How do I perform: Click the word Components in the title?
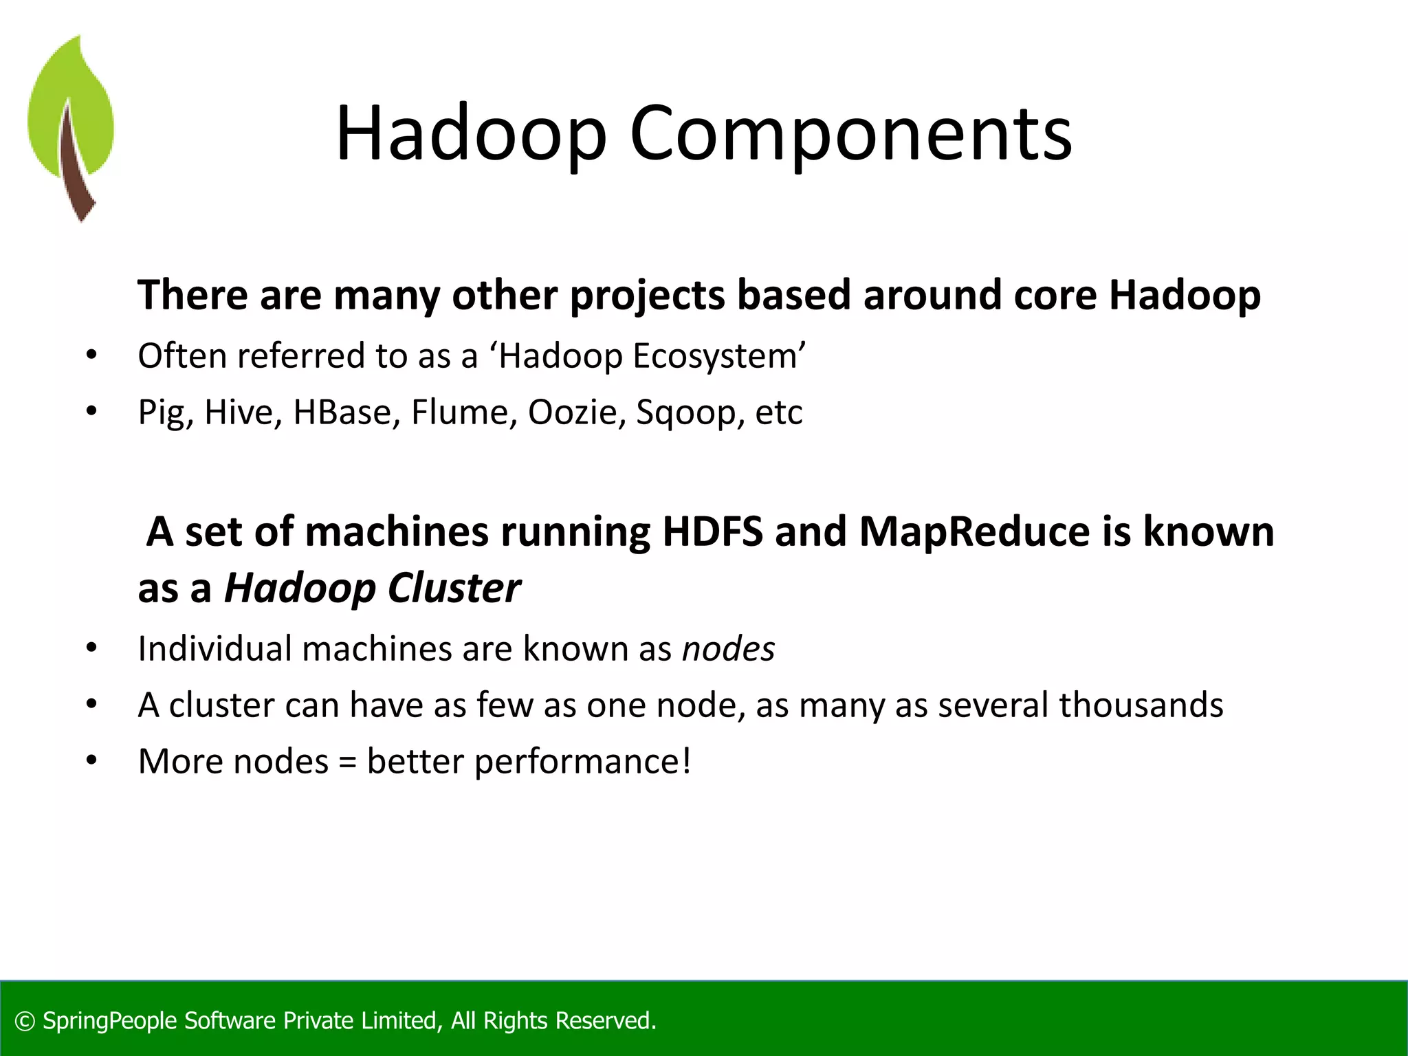pos(850,133)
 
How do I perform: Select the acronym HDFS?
pos(712,532)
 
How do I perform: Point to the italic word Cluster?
pos(454,588)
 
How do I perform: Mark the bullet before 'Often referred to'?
pos(91,356)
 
